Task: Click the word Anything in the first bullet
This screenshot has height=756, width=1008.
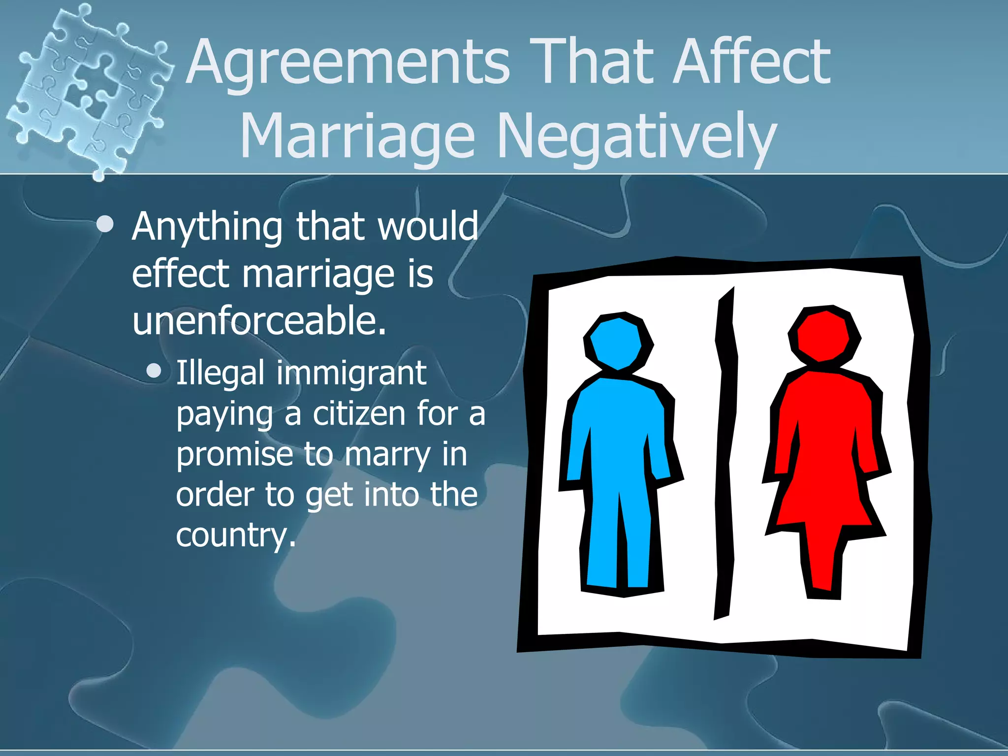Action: click(x=207, y=227)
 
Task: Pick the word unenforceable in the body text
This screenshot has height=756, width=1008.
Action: click(x=259, y=320)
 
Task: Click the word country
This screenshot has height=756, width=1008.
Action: click(x=235, y=535)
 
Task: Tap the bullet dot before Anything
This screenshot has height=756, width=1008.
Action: click(x=105, y=225)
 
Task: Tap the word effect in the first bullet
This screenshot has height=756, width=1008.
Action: click(x=180, y=274)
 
